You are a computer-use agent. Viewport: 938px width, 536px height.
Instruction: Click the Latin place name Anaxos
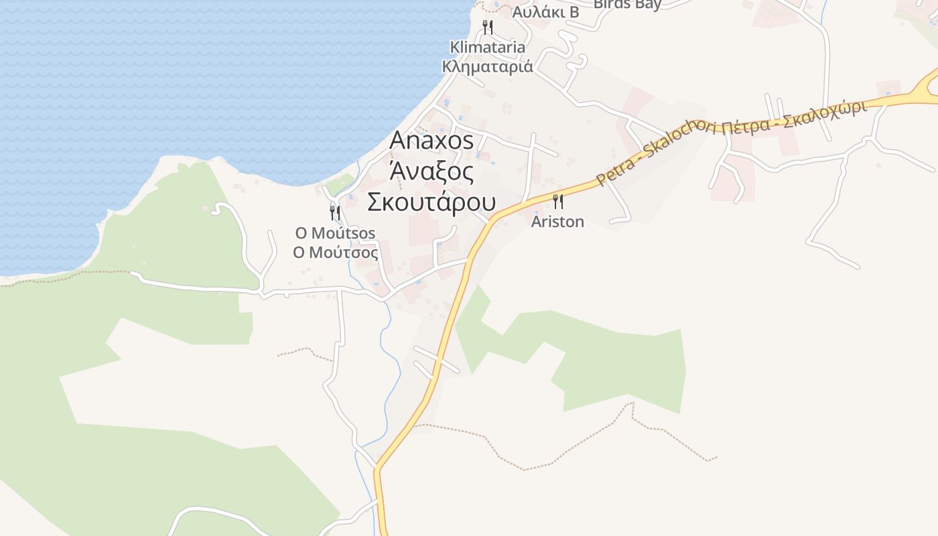click(431, 141)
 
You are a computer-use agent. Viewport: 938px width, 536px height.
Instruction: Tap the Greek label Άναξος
click(431, 172)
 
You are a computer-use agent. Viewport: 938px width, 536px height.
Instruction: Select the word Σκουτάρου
click(431, 202)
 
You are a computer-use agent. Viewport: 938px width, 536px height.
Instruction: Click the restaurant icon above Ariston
click(557, 201)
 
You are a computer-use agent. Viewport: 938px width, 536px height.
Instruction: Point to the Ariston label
click(557, 222)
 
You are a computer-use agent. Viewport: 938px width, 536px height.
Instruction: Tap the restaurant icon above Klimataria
click(488, 27)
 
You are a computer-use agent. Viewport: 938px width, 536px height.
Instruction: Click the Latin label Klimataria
click(487, 48)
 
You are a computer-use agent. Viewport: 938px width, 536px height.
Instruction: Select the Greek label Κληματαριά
click(487, 66)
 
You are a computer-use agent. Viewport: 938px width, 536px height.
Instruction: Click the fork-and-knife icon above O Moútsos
click(335, 213)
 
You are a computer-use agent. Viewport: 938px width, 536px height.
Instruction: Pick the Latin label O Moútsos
click(335, 233)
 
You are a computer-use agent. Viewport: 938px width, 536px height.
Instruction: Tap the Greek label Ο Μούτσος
click(335, 253)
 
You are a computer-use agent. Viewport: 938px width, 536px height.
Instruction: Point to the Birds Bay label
click(627, 4)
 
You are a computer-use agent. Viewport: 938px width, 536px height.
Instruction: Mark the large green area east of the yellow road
click(603, 355)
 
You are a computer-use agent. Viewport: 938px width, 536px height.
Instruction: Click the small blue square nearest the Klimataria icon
click(496, 5)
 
